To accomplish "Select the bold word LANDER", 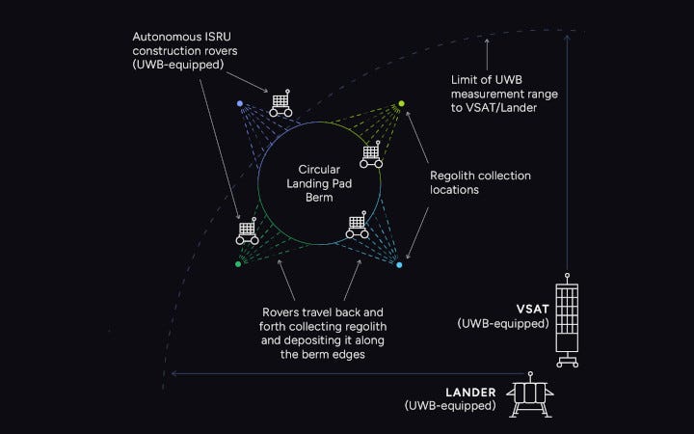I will (x=470, y=393).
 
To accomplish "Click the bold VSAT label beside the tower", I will (x=533, y=309).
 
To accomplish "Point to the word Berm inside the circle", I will (x=319, y=198).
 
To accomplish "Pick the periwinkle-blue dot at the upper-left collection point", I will (x=240, y=103).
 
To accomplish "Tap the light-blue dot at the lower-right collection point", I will (x=399, y=264).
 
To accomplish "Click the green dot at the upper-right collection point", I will (x=402, y=103).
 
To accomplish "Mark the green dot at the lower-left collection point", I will (x=238, y=263).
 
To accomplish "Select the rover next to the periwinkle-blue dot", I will (x=280, y=103).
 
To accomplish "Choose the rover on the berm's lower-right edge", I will (x=357, y=227).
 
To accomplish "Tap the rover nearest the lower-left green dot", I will (x=247, y=232).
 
